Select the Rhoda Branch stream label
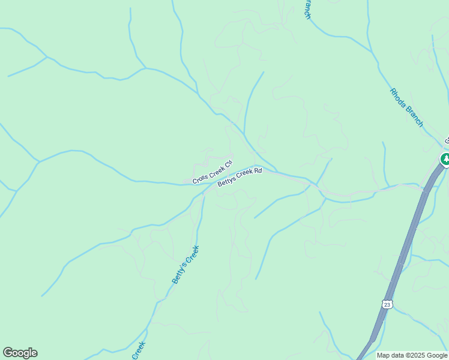406,107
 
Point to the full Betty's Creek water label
185,264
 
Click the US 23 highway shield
388,304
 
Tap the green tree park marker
445,160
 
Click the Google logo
20,353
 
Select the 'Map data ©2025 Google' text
412,355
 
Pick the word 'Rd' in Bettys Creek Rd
258,171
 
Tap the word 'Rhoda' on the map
398,97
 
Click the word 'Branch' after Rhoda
414,116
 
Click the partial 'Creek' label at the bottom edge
139,350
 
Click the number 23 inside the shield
388,304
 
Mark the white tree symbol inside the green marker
445,159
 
